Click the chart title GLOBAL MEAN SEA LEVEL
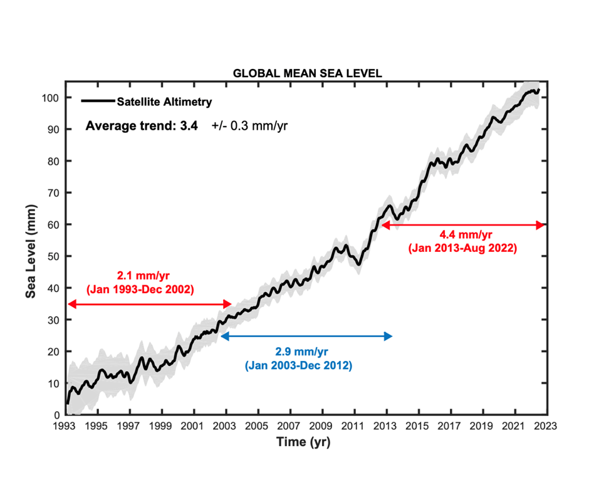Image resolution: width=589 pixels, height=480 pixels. coord(307,73)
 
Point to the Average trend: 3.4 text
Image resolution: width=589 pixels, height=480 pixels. coord(142,125)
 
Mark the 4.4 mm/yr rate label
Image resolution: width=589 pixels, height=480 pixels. coord(462,234)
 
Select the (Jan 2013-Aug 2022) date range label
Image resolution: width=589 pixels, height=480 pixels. coord(462,248)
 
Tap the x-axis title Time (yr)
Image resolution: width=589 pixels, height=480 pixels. coord(303,442)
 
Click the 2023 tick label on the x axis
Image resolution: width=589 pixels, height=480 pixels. coord(547,427)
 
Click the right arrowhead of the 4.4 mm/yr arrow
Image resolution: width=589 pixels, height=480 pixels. coord(543,225)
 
